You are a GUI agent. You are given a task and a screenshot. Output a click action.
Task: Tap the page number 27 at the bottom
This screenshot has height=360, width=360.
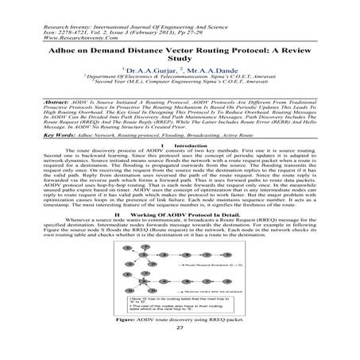(180, 349)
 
